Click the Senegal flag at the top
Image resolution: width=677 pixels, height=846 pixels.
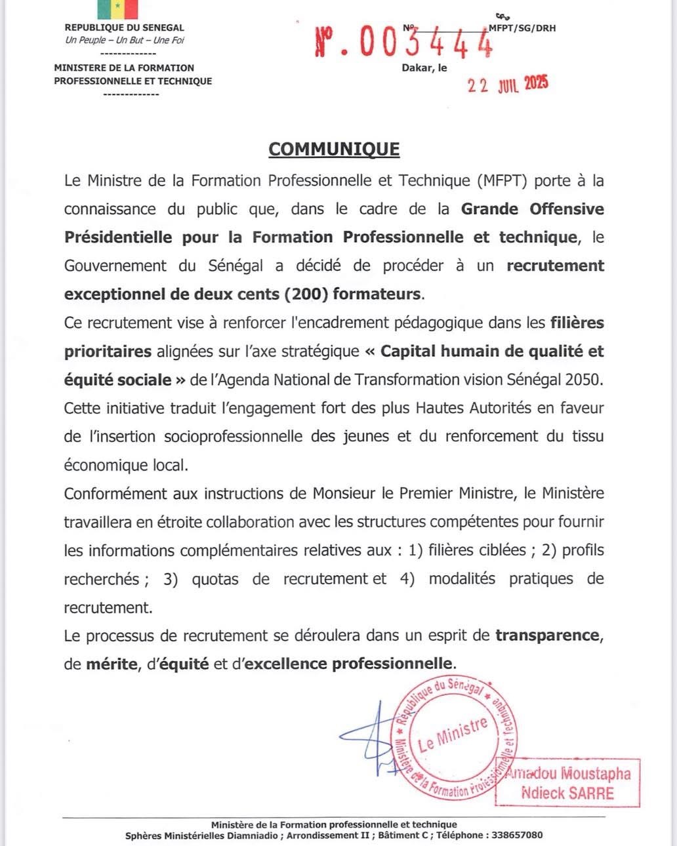(118, 9)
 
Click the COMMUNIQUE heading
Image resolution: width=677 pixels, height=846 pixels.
(334, 149)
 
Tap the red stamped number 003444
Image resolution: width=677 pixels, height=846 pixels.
(403, 44)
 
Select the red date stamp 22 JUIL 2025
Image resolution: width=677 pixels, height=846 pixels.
(507, 85)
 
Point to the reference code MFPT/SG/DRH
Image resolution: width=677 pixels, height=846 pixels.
(522, 28)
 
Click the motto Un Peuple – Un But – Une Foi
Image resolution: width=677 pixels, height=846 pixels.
(125, 40)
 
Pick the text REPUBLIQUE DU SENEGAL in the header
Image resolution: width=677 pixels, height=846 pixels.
(125, 28)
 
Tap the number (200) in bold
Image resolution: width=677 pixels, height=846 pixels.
(306, 294)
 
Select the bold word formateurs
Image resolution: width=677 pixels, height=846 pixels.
(377, 294)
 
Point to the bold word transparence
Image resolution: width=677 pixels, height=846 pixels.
(547, 635)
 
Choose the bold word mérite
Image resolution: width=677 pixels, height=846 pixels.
(112, 664)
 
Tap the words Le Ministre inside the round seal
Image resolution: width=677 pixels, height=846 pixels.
(453, 734)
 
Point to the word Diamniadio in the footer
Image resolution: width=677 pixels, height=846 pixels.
(247, 835)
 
